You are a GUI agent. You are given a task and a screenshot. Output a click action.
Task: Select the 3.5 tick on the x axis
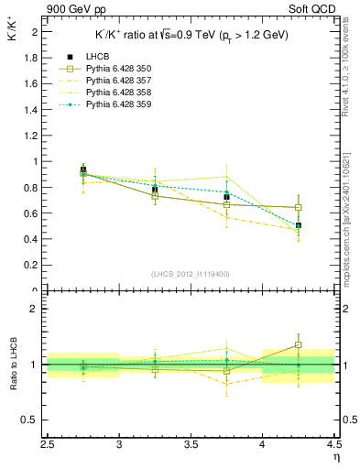[191, 445]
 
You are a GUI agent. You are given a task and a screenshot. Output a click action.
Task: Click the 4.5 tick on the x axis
[333, 445]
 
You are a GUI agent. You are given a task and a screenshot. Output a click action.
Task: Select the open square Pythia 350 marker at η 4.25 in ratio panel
[298, 345]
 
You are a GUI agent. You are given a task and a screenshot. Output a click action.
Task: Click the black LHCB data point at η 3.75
[226, 197]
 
